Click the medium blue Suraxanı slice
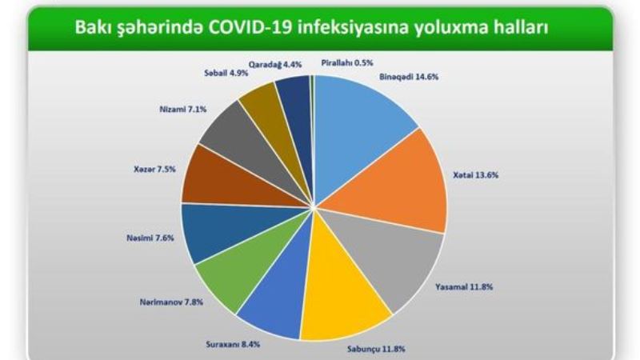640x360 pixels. click(x=282, y=294)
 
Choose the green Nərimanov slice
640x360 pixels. click(x=245, y=266)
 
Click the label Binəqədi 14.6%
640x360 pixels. click(x=409, y=77)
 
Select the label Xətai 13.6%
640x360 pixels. click(x=475, y=175)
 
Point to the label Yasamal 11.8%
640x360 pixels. click(x=464, y=287)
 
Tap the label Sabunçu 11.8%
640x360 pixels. click(x=376, y=349)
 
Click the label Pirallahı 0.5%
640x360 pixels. click(x=347, y=63)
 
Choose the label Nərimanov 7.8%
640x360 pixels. click(x=171, y=302)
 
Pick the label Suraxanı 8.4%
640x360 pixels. click(x=233, y=345)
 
